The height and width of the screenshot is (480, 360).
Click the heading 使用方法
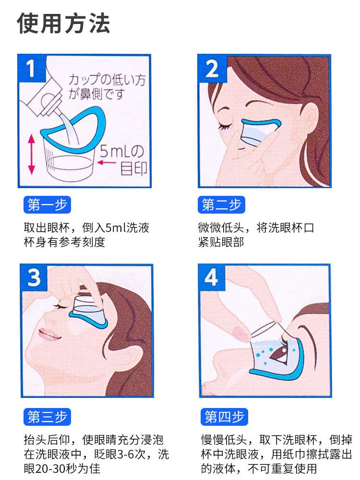(x=63, y=23)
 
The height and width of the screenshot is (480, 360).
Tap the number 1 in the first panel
(x=30, y=68)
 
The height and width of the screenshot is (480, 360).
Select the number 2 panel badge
(x=212, y=69)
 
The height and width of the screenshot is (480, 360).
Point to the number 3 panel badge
(x=34, y=277)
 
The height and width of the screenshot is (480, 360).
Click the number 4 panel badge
(x=211, y=277)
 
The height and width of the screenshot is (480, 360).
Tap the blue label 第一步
(x=47, y=204)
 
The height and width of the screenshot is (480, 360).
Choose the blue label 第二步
(x=222, y=204)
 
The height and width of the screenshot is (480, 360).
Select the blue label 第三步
(x=47, y=417)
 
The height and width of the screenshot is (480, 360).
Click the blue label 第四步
(x=224, y=417)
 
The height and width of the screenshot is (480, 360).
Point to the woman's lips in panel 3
(x=48, y=334)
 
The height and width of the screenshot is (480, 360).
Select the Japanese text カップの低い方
(x=107, y=80)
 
